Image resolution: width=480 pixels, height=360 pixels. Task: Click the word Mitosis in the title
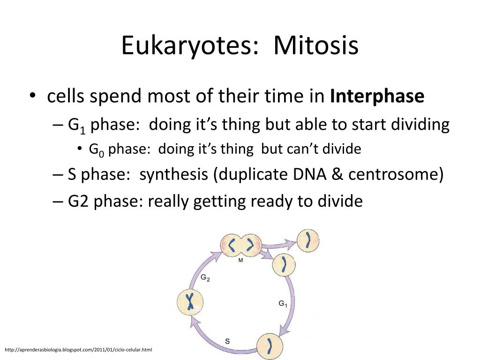click(315, 45)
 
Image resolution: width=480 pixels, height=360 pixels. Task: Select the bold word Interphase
click(377, 96)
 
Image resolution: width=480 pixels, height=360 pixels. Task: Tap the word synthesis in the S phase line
click(173, 174)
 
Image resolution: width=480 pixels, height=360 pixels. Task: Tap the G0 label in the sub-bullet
click(97, 150)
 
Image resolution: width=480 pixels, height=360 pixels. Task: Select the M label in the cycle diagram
click(240, 260)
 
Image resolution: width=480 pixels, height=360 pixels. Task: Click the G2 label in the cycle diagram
click(205, 278)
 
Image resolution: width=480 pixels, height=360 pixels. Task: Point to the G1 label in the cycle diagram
click(283, 304)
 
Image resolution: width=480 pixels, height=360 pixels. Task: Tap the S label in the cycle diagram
click(227, 341)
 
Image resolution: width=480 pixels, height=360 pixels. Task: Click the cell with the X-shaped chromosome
click(190, 302)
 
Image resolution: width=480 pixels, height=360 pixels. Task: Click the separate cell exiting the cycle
click(308, 240)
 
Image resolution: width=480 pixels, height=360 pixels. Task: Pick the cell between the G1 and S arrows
click(270, 346)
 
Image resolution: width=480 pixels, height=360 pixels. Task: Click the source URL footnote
click(78, 350)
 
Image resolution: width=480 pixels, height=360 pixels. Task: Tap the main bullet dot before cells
click(32, 96)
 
